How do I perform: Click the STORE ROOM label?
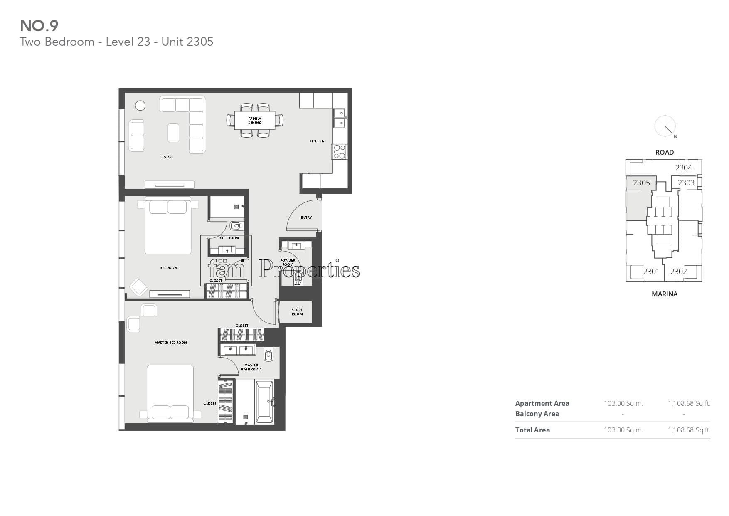[297, 312]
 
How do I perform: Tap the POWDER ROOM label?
[288, 262]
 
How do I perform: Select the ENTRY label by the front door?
[306, 217]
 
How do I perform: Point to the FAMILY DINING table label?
[255, 121]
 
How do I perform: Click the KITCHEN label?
[317, 141]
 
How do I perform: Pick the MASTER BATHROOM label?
[251, 367]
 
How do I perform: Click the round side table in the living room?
[140, 106]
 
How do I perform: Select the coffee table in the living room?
[173, 133]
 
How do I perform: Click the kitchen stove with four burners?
[340, 151]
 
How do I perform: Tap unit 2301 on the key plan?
[651, 272]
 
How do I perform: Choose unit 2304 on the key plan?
[684, 168]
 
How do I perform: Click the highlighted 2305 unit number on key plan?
[641, 183]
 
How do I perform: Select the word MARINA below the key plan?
[665, 294]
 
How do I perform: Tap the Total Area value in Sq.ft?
[689, 430]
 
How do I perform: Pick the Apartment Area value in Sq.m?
[623, 403]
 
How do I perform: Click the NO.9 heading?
[39, 26]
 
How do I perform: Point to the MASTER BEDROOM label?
[171, 343]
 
